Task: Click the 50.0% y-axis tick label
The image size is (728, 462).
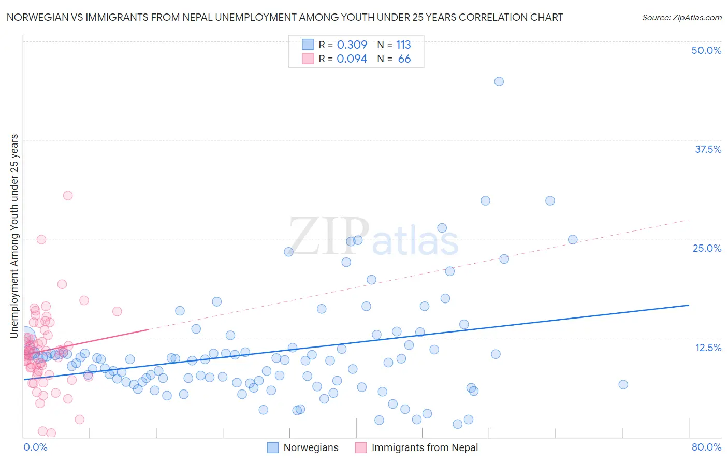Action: pyautogui.click(x=706, y=50)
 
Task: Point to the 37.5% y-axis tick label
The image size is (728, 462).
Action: pyautogui.click(x=708, y=149)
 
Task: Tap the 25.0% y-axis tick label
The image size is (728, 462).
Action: pyautogui.click(x=707, y=248)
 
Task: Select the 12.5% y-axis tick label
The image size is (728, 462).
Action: pyautogui.click(x=708, y=348)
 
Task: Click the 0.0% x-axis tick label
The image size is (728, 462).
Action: pyautogui.click(x=35, y=447)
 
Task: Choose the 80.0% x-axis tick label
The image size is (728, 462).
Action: pyautogui.click(x=706, y=447)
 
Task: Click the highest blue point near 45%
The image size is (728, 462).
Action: pyautogui.click(x=499, y=81)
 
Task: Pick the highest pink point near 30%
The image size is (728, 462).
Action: pyautogui.click(x=68, y=195)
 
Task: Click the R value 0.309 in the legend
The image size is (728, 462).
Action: pyautogui.click(x=352, y=45)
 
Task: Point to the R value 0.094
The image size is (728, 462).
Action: pyautogui.click(x=352, y=59)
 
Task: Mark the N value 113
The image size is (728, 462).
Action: pyautogui.click(x=403, y=45)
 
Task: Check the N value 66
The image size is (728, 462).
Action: pyautogui.click(x=404, y=59)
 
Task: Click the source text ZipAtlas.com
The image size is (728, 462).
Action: pyautogui.click(x=681, y=17)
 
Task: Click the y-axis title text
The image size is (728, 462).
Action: pyautogui.click(x=14, y=236)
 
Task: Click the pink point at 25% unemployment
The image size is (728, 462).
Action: pyautogui.click(x=41, y=239)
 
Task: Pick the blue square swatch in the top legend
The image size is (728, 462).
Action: pyautogui.click(x=308, y=45)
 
